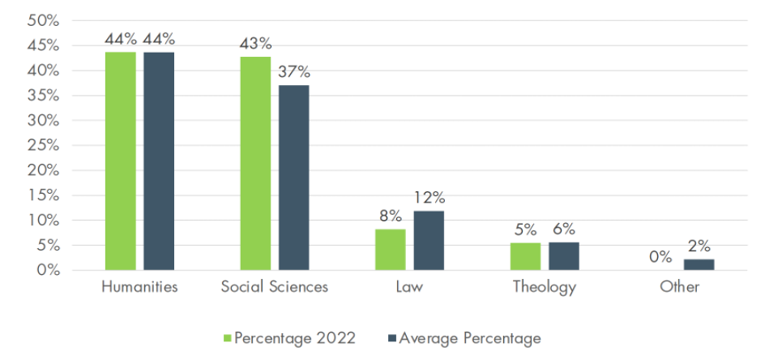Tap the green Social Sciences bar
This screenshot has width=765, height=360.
click(255, 163)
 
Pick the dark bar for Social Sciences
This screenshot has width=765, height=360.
click(293, 178)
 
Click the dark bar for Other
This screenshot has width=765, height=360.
click(699, 264)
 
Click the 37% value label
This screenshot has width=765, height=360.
click(293, 72)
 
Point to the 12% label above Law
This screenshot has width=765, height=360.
click(429, 198)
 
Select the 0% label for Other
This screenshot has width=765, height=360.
click(660, 257)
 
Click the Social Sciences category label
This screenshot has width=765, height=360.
click(274, 287)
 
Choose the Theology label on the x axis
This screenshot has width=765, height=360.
click(544, 287)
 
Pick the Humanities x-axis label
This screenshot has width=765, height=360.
click(139, 287)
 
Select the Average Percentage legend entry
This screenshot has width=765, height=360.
click(464, 337)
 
